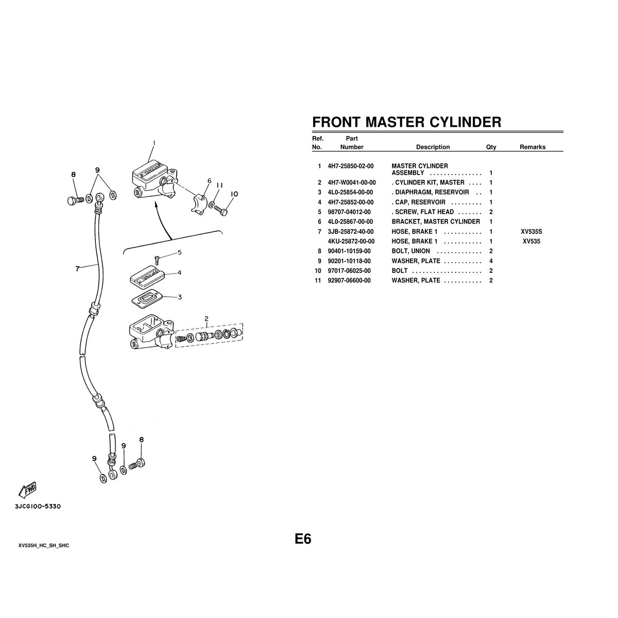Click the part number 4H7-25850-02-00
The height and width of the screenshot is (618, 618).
351,166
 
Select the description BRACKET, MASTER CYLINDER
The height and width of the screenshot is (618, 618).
436,221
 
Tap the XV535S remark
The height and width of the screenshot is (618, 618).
531,232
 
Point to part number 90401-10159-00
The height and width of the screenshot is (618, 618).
349,251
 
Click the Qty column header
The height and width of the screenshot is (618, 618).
491,147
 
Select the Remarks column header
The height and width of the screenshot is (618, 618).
533,147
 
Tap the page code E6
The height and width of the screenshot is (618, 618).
303,539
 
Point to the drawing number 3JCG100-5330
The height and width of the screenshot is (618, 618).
38,507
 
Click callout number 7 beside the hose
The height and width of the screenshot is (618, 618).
77,269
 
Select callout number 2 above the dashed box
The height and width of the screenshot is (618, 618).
207,318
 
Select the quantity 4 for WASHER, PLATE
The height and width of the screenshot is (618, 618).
491,261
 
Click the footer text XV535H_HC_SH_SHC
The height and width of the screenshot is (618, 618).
44,545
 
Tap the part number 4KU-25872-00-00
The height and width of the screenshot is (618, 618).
351,241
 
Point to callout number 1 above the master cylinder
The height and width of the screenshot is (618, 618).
154,143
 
